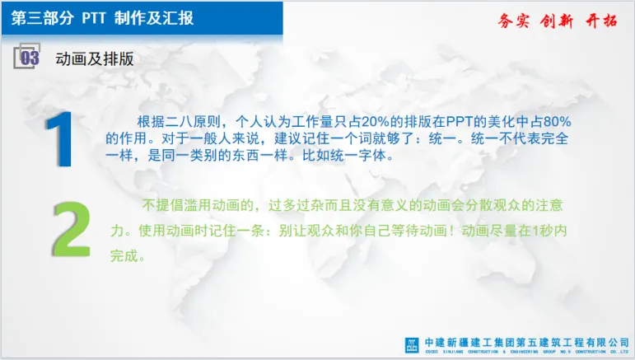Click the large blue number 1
tap(61, 139)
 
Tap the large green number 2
tap(72, 229)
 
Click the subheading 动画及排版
tap(95, 58)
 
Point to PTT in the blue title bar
tap(94, 18)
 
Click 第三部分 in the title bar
tap(43, 18)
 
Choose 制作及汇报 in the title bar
tap(154, 18)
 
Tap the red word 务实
tap(513, 21)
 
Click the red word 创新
tap(557, 21)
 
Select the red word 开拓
tap(601, 21)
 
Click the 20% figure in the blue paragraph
tap(375, 121)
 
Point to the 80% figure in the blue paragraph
tap(557, 121)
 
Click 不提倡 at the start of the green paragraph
tap(162, 205)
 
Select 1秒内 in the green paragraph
tap(549, 231)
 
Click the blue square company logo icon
tap(412, 345)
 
